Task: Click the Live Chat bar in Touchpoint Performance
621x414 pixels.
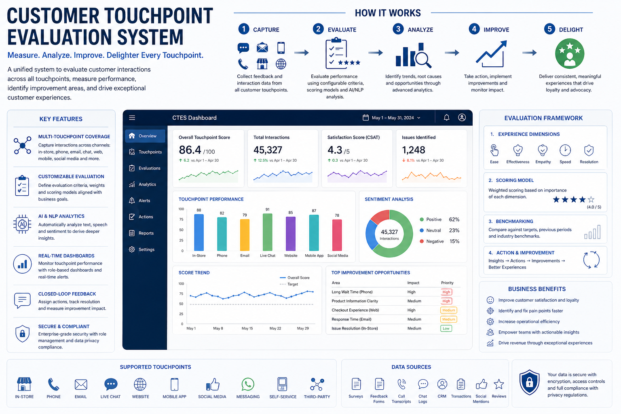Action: (x=267, y=232)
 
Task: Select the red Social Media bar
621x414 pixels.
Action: (x=337, y=235)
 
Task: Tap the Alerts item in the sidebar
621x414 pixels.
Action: (x=144, y=201)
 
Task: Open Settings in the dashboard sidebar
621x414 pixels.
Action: (x=146, y=249)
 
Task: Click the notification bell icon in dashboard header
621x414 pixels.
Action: (x=446, y=118)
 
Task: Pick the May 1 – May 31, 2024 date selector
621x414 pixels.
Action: (x=392, y=118)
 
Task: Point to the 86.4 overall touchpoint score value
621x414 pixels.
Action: (x=190, y=150)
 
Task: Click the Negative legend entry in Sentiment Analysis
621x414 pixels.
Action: (x=435, y=241)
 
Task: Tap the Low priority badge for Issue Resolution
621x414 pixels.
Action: (x=446, y=328)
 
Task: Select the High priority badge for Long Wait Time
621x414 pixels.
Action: (x=446, y=292)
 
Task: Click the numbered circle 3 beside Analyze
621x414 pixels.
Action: (x=398, y=29)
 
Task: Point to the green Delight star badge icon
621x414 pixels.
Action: (x=569, y=54)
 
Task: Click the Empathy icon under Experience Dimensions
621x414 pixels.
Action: (x=543, y=151)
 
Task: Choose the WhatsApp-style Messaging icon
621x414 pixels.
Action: (x=248, y=384)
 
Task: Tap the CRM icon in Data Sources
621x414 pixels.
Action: (x=442, y=384)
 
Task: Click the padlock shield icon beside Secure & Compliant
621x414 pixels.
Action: (x=22, y=334)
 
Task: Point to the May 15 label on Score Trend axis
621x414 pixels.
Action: (x=247, y=328)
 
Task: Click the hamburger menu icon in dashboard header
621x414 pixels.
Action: (x=132, y=118)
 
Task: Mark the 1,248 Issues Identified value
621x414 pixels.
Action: (x=413, y=150)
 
